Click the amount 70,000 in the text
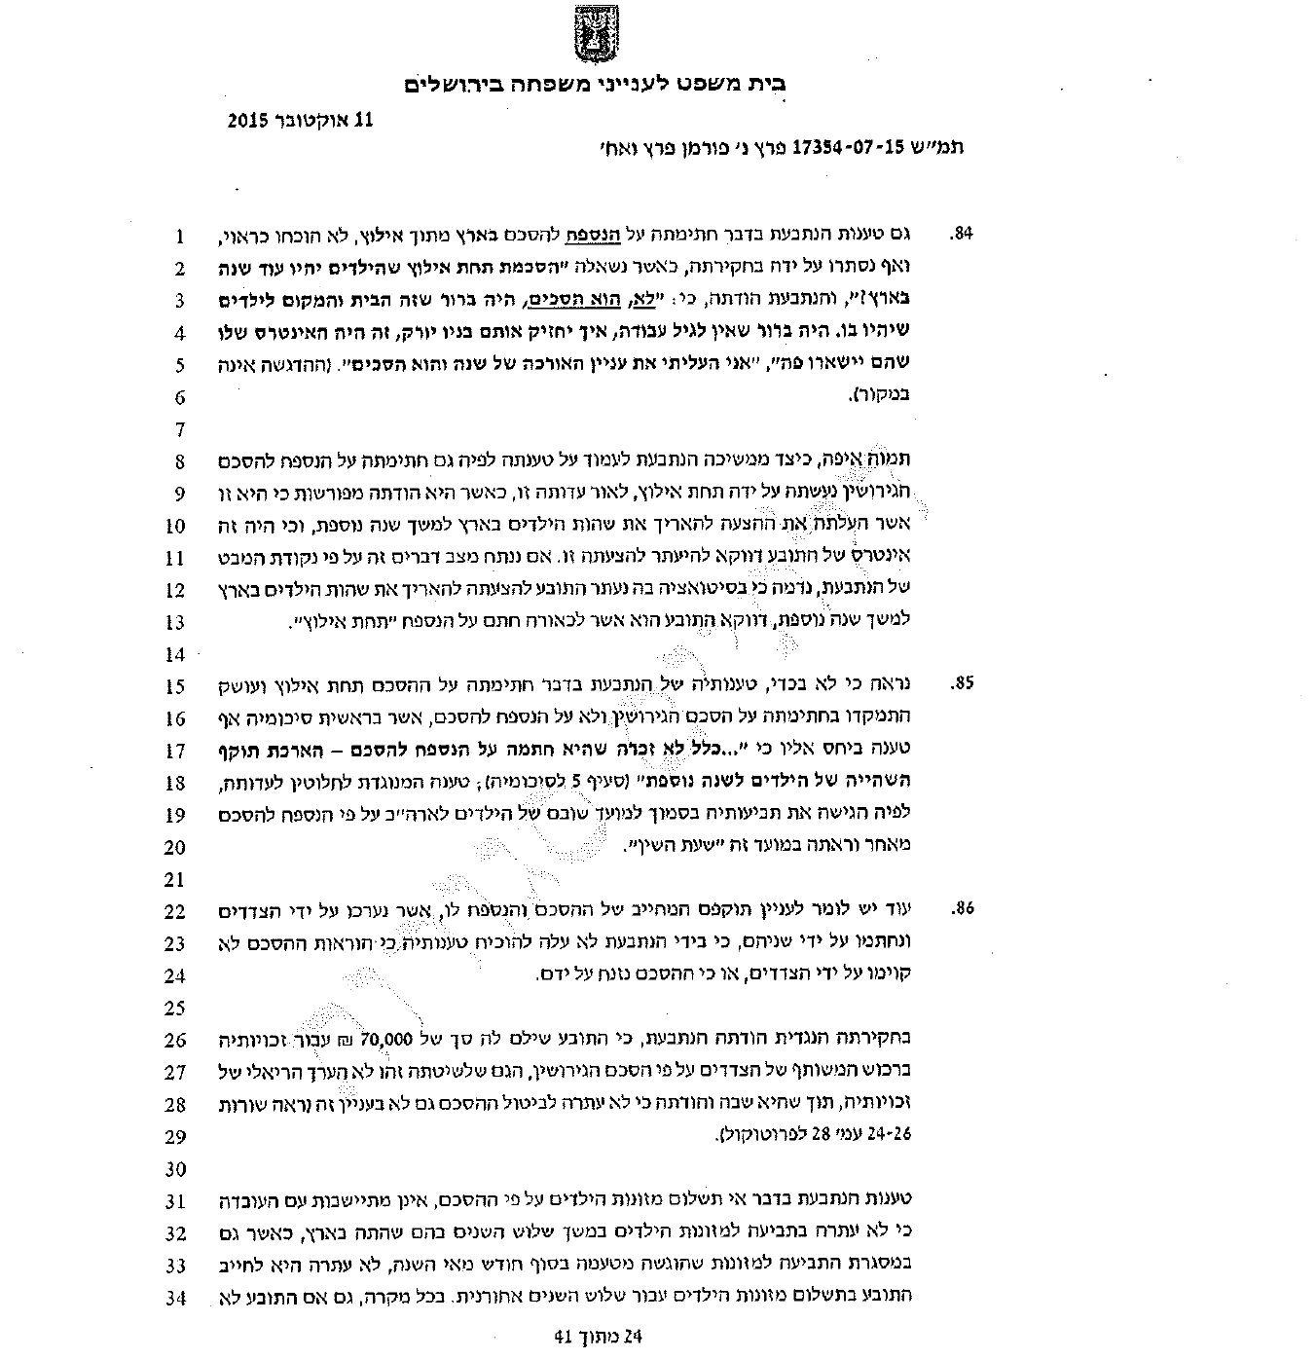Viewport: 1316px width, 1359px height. click(387, 1039)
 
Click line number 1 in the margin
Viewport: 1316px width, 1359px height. click(179, 236)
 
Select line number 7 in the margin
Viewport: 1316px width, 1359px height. click(179, 429)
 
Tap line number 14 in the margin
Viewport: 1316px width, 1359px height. click(175, 654)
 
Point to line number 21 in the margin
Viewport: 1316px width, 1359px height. click(175, 880)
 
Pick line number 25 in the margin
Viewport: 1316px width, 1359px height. click(175, 1008)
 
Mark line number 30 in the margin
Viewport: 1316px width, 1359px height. click(175, 1169)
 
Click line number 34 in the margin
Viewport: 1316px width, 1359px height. click(175, 1298)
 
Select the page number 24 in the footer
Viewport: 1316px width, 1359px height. click(634, 1337)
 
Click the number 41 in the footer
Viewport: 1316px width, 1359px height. click(564, 1337)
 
